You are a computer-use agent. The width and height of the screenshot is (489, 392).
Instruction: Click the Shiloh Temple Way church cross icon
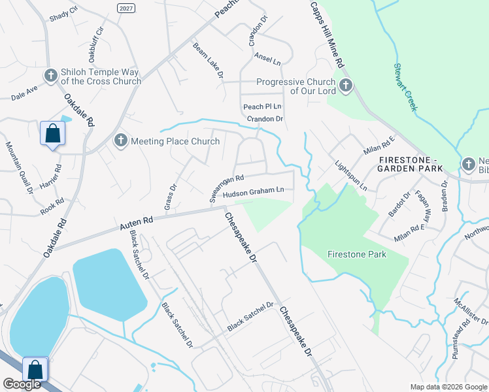[x=50, y=75]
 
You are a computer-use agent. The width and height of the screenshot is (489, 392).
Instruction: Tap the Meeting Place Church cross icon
[x=120, y=140]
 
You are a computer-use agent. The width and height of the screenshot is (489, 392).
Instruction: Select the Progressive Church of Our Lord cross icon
[x=345, y=86]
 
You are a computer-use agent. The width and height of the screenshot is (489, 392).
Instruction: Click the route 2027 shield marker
[x=127, y=7]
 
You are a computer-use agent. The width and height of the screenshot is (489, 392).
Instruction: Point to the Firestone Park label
[x=357, y=254]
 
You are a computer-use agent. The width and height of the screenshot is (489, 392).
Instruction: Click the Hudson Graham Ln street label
[x=252, y=192]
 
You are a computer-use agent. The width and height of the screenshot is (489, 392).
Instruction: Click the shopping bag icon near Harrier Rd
[x=52, y=134]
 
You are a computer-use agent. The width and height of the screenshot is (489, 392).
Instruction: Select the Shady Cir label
[x=63, y=12]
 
